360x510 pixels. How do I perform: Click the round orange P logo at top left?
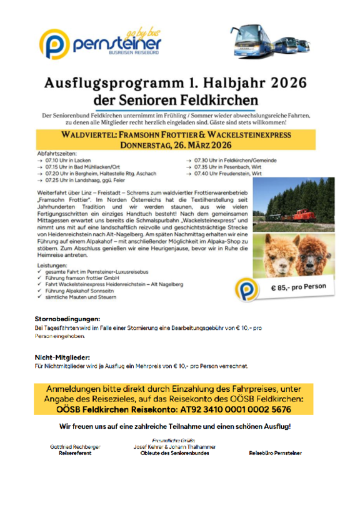pos(54,44)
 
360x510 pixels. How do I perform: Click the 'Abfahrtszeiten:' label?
pos(57,153)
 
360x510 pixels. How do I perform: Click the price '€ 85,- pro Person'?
pos(298,287)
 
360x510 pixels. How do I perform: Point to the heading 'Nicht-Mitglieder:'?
pos(62,357)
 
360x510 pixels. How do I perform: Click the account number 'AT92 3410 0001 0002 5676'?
pos(241,409)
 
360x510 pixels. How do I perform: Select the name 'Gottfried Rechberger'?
pos(75,447)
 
